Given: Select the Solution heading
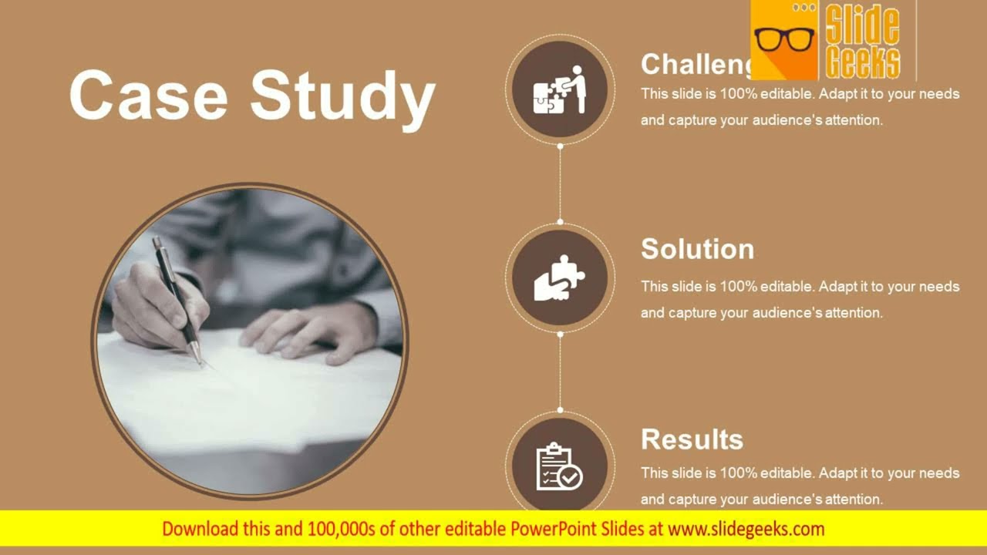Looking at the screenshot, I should click(x=697, y=249).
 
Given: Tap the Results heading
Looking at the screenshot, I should click(x=692, y=439).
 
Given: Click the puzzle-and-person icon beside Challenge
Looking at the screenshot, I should click(x=560, y=89).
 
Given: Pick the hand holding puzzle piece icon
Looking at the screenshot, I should click(x=560, y=277).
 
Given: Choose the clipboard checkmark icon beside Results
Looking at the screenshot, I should click(x=560, y=466).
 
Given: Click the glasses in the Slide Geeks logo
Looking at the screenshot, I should click(x=783, y=39).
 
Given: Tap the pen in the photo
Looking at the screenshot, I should click(x=177, y=297).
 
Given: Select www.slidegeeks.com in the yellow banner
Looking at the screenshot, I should click(x=746, y=530).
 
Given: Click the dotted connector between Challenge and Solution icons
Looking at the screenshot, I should click(x=560, y=183).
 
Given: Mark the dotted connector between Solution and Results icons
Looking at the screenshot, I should click(x=560, y=372).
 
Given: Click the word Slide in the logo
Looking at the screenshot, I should click(x=862, y=25).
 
